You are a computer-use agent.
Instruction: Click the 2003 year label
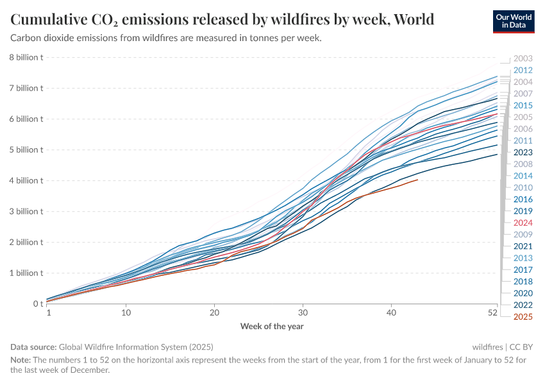click(523, 58)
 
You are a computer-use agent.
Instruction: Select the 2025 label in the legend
click(523, 316)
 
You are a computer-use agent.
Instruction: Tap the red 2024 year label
click(523, 223)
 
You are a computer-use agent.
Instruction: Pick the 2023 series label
click(523, 152)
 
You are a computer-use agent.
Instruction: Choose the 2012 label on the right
click(523, 70)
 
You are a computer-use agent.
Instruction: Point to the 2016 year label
click(523, 199)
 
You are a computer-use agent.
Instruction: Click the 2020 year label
click(523, 293)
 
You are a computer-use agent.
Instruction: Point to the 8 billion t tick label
click(26, 57)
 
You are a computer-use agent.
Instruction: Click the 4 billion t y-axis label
click(26, 180)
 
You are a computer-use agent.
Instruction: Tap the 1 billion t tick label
click(26, 273)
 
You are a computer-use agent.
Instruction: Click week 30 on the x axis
click(302, 313)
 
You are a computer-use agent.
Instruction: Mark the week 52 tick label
click(492, 313)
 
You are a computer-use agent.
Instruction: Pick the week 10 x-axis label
click(126, 313)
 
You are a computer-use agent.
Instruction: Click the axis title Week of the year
click(272, 326)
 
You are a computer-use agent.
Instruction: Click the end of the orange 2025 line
click(418, 180)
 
